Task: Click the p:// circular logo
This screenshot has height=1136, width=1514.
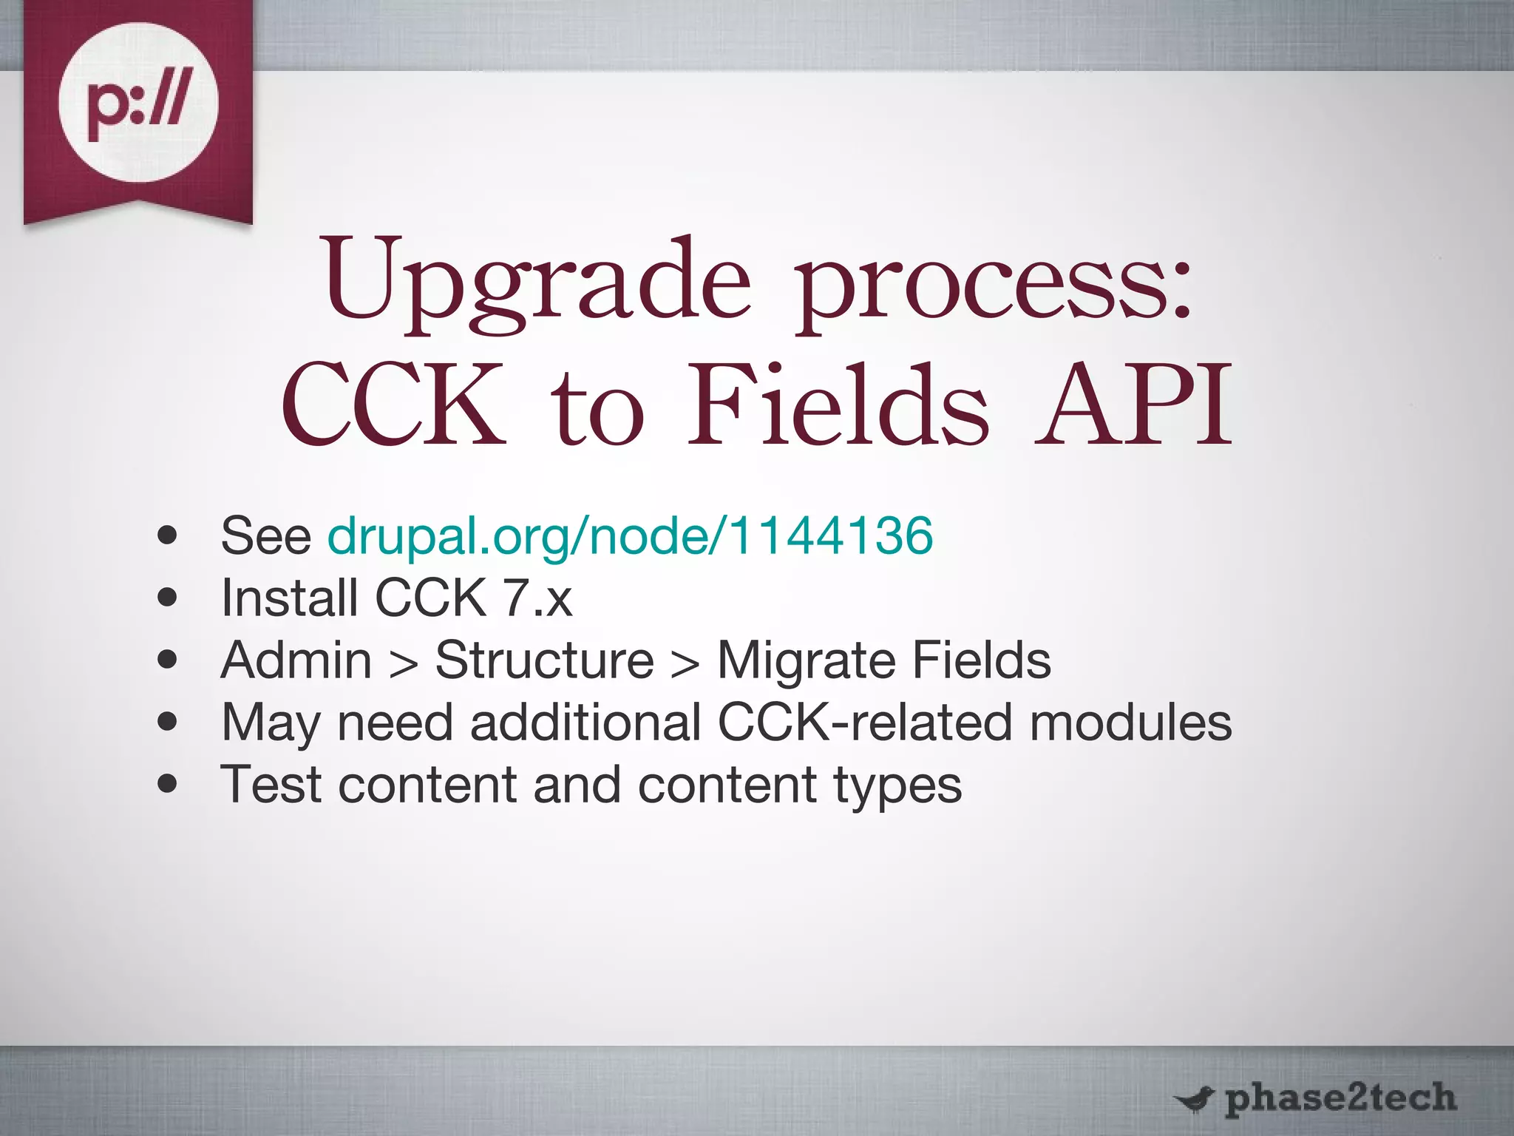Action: [x=138, y=103]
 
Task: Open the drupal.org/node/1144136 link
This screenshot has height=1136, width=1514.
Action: [x=630, y=535]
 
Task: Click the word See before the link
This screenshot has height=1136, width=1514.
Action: [x=266, y=535]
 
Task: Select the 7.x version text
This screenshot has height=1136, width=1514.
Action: [x=537, y=598]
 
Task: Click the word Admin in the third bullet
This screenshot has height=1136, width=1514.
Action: [x=296, y=660]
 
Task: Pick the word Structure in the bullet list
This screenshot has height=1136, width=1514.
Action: [x=545, y=660]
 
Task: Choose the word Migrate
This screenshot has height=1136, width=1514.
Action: [x=807, y=660]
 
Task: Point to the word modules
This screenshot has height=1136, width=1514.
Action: [x=1130, y=722]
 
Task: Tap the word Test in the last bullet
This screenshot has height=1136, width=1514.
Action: [x=271, y=784]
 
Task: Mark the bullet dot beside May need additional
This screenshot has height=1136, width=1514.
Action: [x=168, y=722]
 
